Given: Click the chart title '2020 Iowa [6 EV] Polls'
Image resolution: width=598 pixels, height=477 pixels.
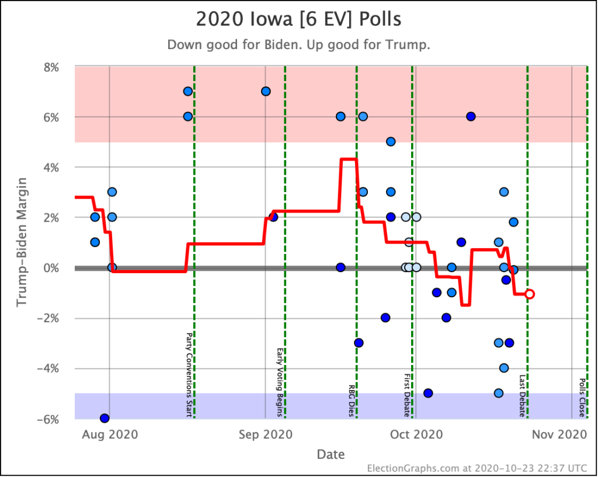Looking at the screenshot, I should point(298,19).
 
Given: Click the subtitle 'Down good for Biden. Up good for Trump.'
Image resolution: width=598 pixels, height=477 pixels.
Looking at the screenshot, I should point(298,45).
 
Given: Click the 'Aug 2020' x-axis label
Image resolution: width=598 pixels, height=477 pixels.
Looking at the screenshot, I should point(110,434).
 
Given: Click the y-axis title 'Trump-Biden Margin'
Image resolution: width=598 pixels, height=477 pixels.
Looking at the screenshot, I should point(22,242).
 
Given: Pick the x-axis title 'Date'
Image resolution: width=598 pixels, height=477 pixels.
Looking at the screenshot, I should point(331,454).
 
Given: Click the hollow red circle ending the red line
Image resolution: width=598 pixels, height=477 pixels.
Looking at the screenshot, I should point(530,294).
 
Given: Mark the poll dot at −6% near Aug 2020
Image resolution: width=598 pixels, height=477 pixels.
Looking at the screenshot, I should point(105,418).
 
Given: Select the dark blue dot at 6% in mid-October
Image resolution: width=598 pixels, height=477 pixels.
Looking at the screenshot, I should point(471,116).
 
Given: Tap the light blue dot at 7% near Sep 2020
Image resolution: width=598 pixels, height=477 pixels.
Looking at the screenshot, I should point(266,91).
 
